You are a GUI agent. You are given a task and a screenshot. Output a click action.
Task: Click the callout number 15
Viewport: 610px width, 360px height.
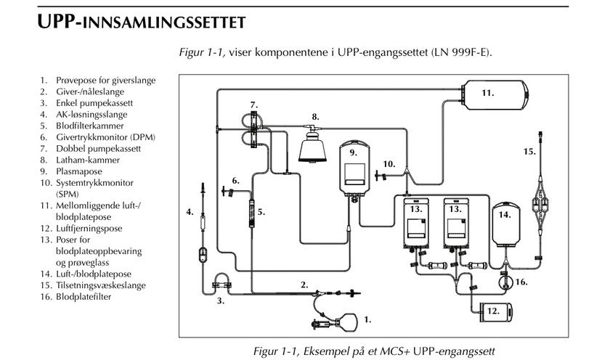click(529, 152)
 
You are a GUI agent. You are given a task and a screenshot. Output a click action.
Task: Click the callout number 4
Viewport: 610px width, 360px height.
click(189, 212)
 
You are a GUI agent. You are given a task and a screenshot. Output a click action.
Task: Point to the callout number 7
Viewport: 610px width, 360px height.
click(254, 106)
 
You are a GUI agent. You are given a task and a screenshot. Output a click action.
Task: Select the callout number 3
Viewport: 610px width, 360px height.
click(219, 300)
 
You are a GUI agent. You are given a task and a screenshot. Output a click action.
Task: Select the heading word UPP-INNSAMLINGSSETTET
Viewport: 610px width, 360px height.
click(140, 22)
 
